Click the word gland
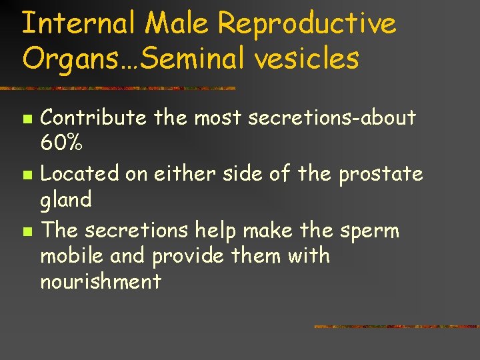65,199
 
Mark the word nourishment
101,281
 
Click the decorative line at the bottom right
396,327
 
